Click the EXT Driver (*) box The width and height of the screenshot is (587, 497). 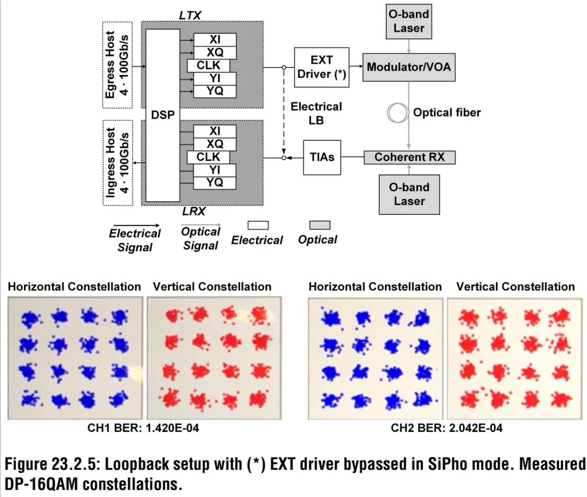coord(321,67)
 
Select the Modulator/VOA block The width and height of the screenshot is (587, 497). coord(409,67)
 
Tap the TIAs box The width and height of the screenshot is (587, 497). coord(322,157)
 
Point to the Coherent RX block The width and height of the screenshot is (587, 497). coord(409,157)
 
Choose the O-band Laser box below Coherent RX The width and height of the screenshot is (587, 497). coord(409,194)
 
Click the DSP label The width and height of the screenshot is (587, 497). coord(163,115)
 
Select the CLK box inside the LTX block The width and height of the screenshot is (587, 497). coord(208,65)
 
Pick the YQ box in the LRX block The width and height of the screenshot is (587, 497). coord(215,183)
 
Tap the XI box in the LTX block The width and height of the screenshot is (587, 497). coord(215,39)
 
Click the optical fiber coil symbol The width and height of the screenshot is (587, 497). coord(397,113)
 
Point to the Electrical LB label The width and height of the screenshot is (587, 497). coord(316,113)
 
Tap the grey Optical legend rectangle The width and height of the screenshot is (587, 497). coord(320,225)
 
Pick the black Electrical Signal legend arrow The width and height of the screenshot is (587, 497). coord(134,225)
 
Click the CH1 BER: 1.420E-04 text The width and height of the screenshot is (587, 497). coord(143,428)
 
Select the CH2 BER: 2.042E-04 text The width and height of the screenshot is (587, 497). coord(446,428)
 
